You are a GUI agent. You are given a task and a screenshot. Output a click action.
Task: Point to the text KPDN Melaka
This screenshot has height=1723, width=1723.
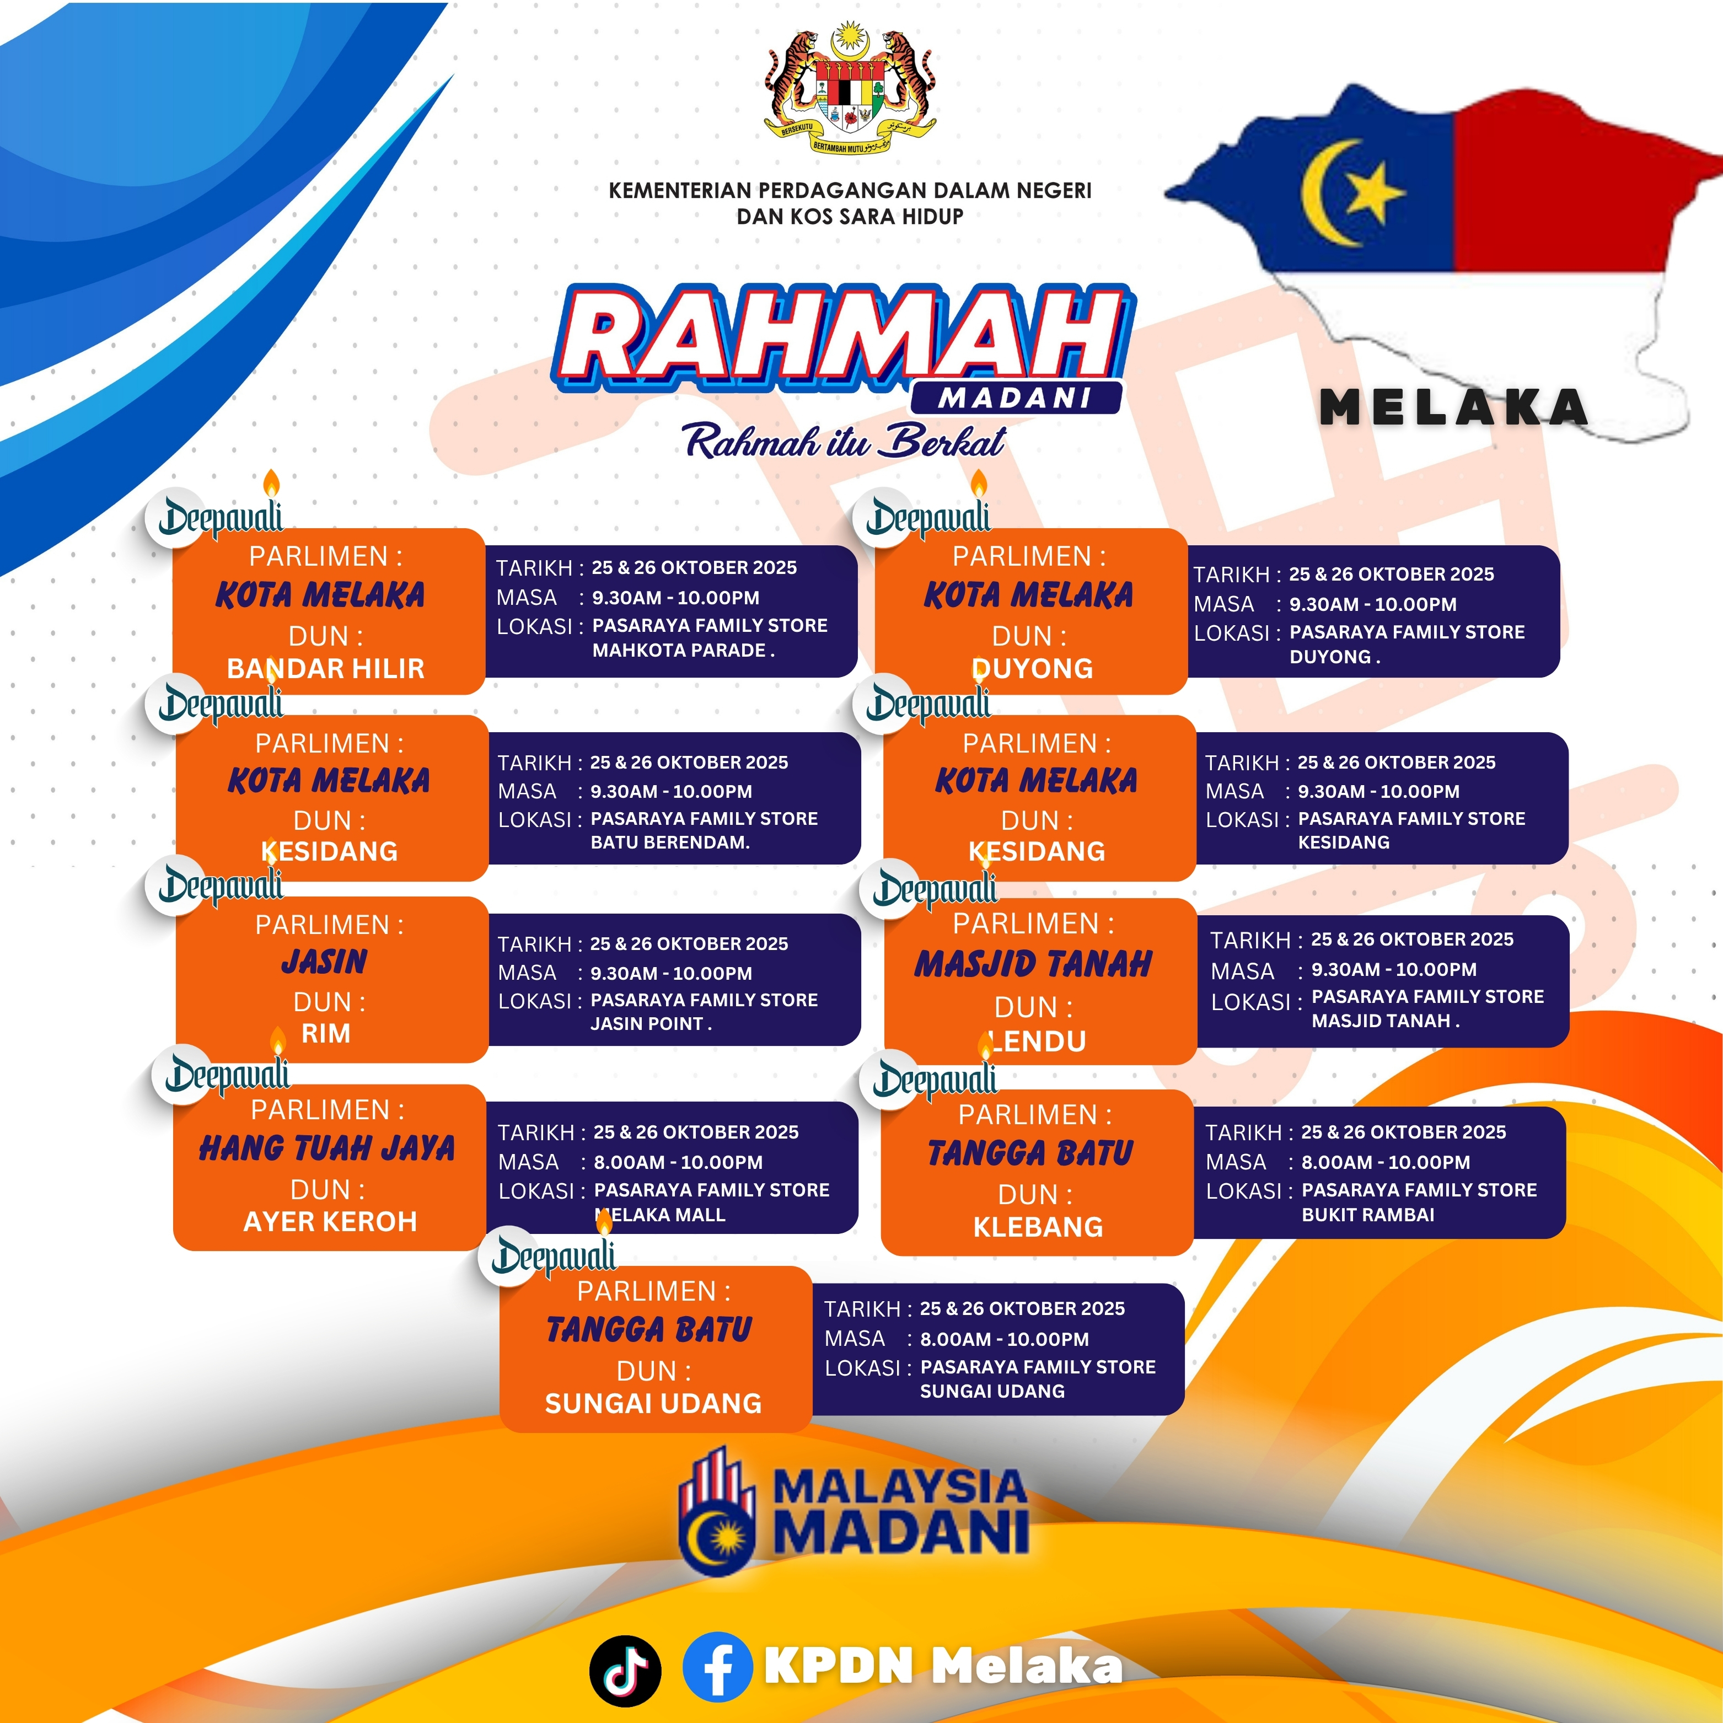pyautogui.click(x=943, y=1666)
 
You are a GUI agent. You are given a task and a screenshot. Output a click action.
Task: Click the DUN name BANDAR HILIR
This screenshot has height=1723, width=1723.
pyautogui.click(x=325, y=669)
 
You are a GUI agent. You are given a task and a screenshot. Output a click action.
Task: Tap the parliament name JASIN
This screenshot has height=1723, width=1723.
pyautogui.click(x=325, y=962)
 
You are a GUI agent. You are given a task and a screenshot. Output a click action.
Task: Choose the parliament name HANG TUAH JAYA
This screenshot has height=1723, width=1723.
pyautogui.click(x=328, y=1148)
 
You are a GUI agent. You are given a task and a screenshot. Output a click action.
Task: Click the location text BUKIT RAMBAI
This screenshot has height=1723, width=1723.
pyautogui.click(x=1368, y=1215)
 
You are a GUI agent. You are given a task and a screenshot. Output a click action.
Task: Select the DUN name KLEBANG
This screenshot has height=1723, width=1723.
pyautogui.click(x=1038, y=1227)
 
